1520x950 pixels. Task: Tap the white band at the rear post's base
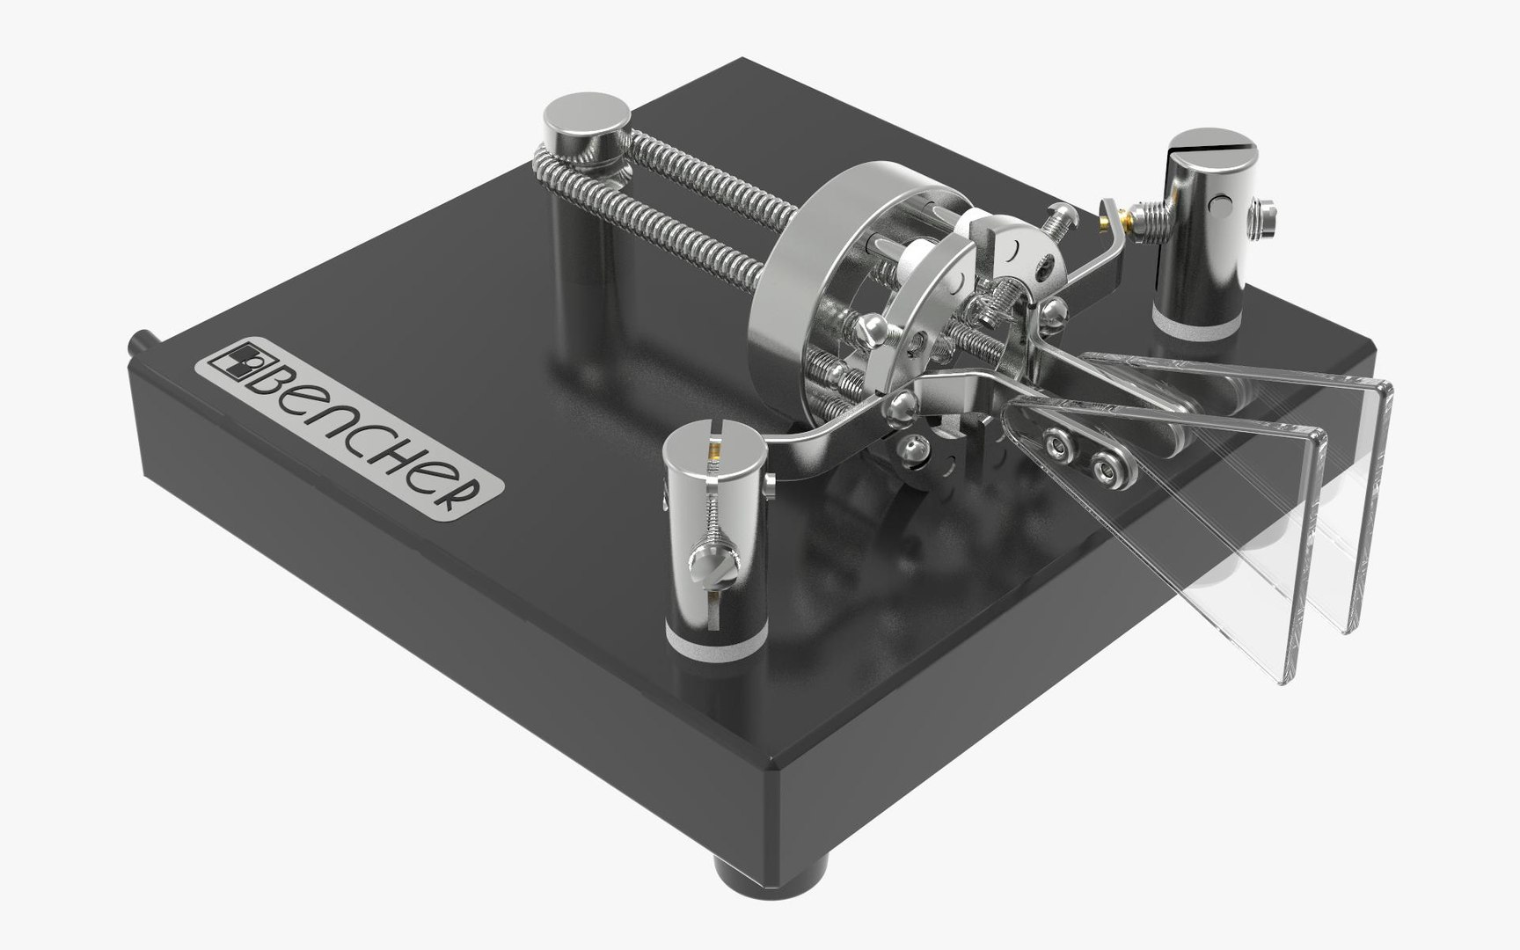click(1195, 327)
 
